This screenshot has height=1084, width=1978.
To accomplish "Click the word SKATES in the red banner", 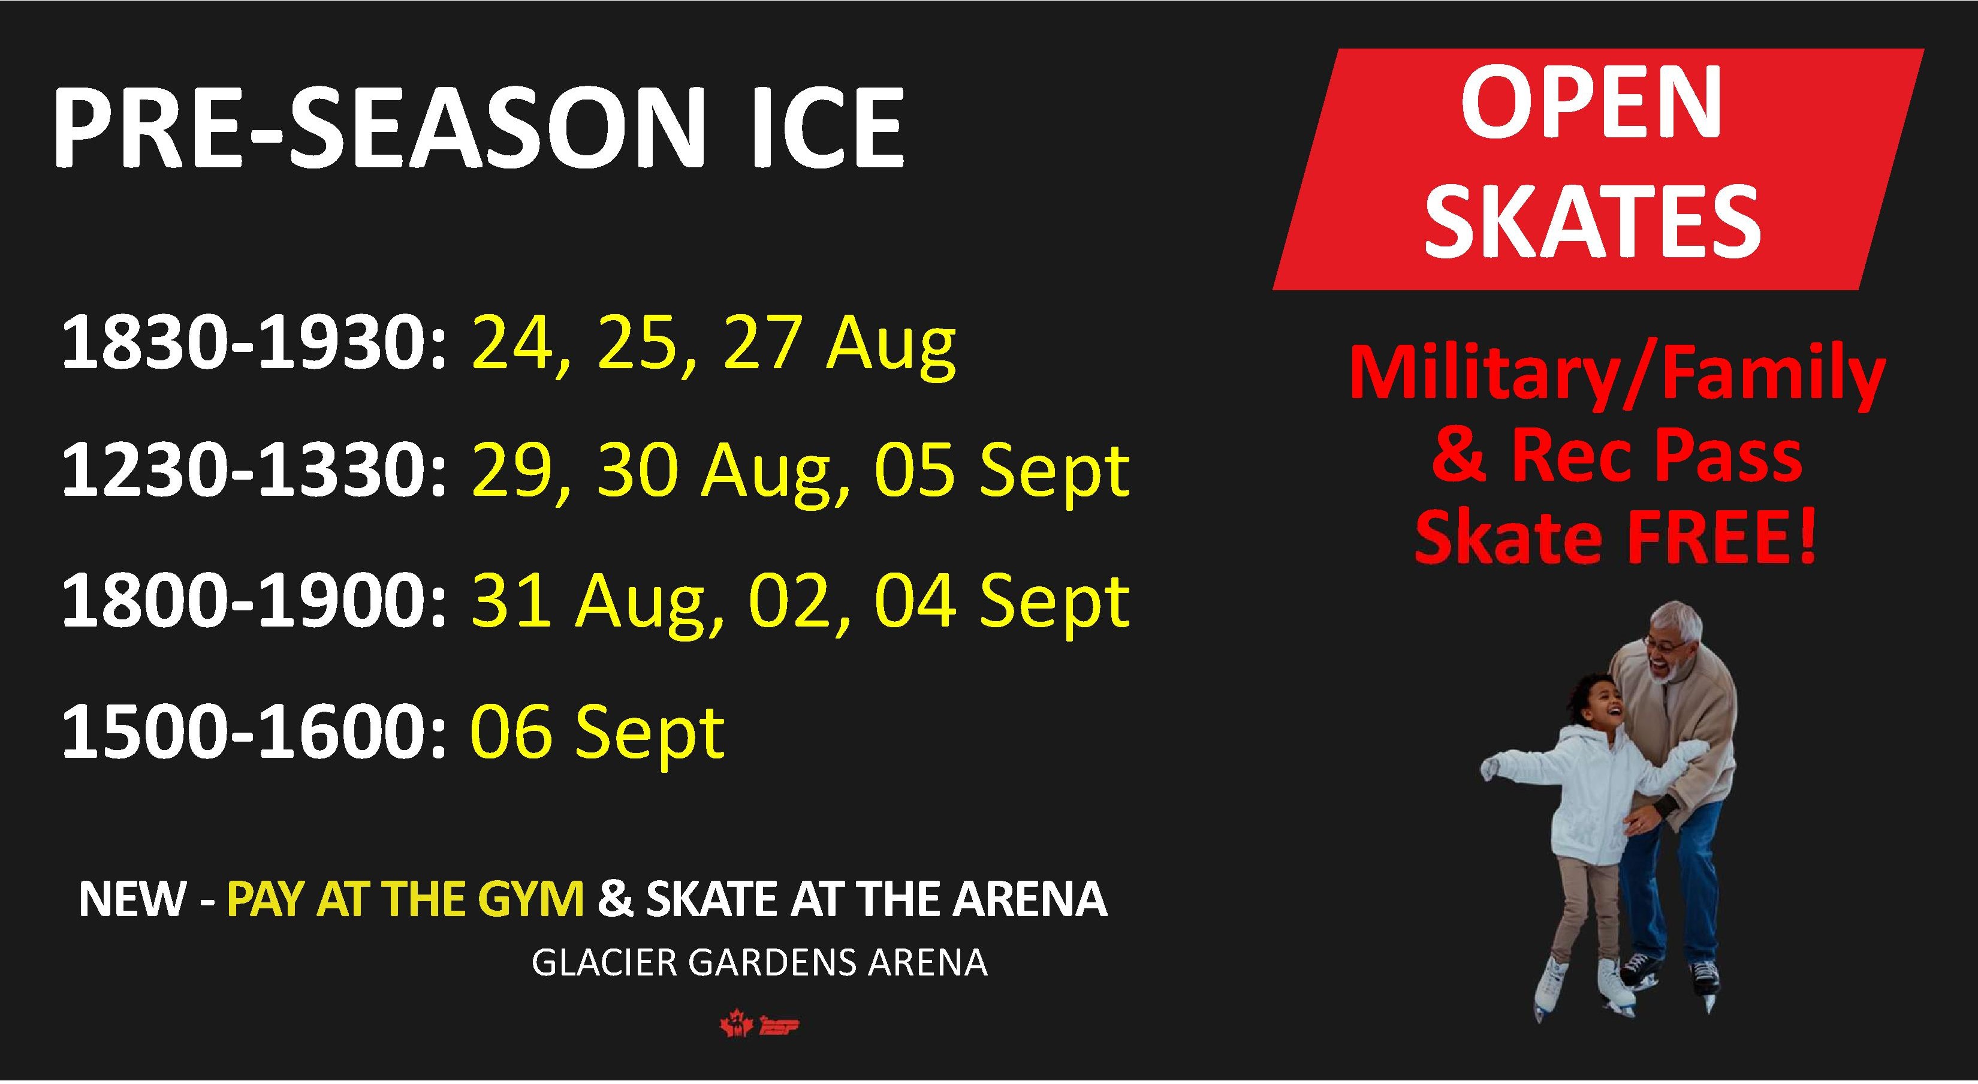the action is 1593,218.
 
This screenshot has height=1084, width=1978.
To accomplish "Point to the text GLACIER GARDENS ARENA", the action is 759,963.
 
